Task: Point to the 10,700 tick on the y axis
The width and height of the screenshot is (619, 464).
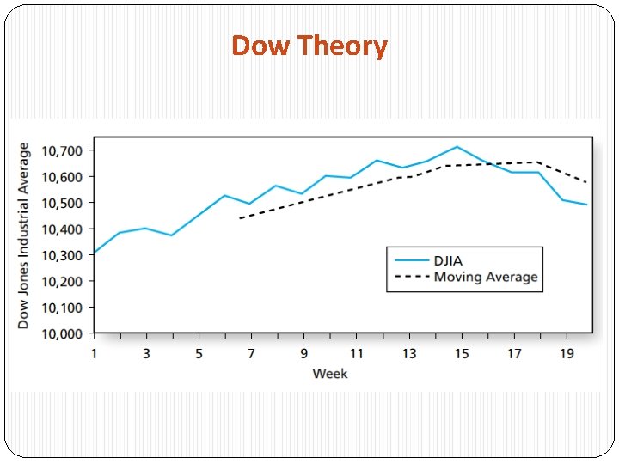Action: tap(62, 150)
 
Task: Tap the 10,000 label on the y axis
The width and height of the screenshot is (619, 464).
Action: tap(62, 333)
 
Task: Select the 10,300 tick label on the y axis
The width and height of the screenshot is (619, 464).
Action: tap(62, 255)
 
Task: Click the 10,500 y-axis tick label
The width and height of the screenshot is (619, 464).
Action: tap(62, 203)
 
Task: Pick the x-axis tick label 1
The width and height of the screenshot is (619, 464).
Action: tap(94, 353)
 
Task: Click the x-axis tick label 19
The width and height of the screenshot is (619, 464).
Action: tap(567, 353)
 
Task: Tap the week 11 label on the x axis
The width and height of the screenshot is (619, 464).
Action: tap(356, 353)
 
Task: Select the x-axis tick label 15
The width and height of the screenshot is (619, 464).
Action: tap(461, 353)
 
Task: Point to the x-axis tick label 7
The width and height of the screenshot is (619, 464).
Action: tap(251, 353)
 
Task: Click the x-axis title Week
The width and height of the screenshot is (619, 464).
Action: tap(330, 374)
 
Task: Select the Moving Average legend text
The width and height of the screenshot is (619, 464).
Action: tap(486, 277)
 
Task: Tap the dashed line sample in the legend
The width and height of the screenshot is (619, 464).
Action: tap(411, 277)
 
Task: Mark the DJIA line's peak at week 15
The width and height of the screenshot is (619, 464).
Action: tap(457, 147)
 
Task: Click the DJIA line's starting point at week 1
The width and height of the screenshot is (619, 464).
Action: tap(95, 253)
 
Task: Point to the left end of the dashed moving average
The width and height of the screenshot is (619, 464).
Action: tap(240, 218)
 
